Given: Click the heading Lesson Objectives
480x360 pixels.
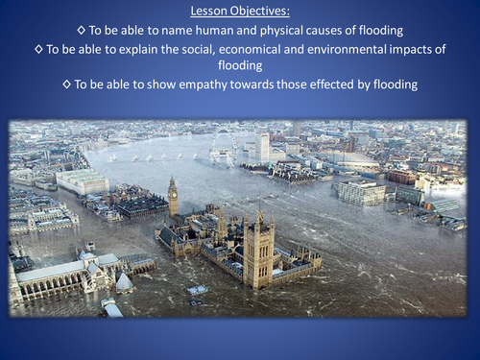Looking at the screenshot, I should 240,12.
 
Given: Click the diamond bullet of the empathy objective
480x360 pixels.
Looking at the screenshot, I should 66,85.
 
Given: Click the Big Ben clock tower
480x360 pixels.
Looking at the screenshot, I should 173,197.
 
